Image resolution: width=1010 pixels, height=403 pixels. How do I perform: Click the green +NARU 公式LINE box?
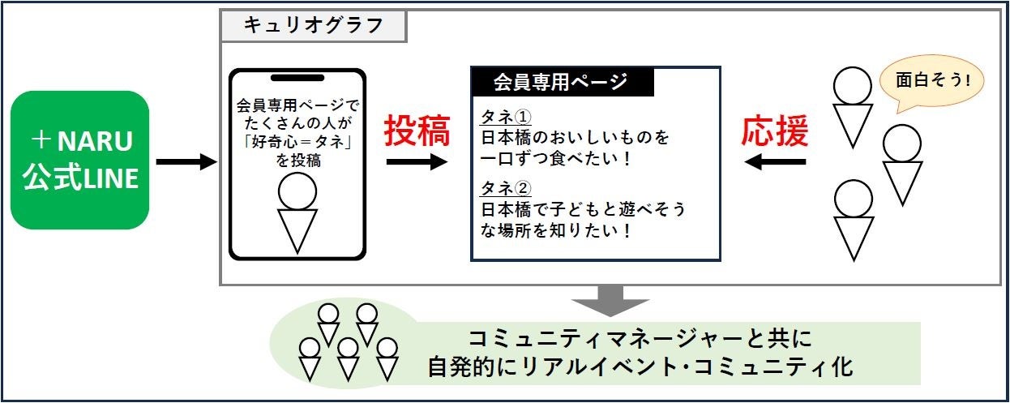click(x=79, y=160)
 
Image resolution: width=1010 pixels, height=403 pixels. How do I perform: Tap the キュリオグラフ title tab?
click(x=313, y=25)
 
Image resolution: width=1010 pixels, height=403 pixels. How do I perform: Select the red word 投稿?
click(x=417, y=131)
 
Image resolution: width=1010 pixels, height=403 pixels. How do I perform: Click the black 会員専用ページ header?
click(x=560, y=82)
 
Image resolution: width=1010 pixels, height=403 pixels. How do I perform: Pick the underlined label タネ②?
click(x=505, y=188)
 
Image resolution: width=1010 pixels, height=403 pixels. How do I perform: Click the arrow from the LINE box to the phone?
click(x=186, y=163)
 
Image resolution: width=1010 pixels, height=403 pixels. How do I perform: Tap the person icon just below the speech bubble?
click(x=901, y=163)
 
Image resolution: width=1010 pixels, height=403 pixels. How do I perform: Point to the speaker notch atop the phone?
click(x=297, y=79)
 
